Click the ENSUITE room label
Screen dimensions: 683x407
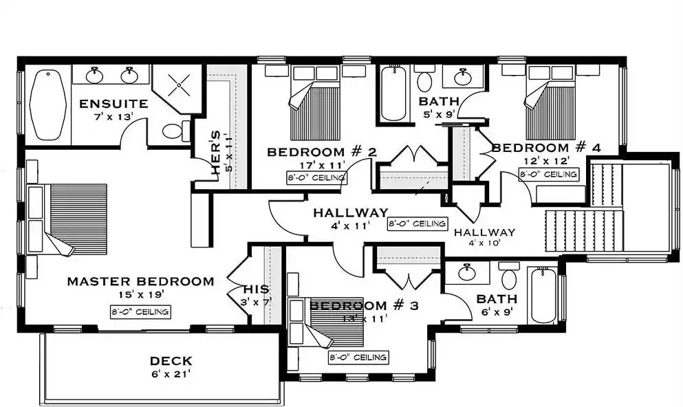113,104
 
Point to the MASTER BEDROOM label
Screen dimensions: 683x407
140,281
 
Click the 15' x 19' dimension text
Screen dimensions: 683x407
141,295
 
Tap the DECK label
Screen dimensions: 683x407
171,361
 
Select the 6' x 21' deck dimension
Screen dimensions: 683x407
171,374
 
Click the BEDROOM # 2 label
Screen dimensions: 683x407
321,152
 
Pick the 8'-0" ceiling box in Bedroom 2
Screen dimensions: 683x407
316,177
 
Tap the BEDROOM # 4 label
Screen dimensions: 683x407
546,148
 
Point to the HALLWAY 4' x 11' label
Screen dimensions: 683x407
351,219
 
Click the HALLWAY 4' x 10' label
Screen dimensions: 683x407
484,237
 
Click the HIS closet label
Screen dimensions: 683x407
256,289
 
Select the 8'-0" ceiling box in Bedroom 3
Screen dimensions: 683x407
358,357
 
